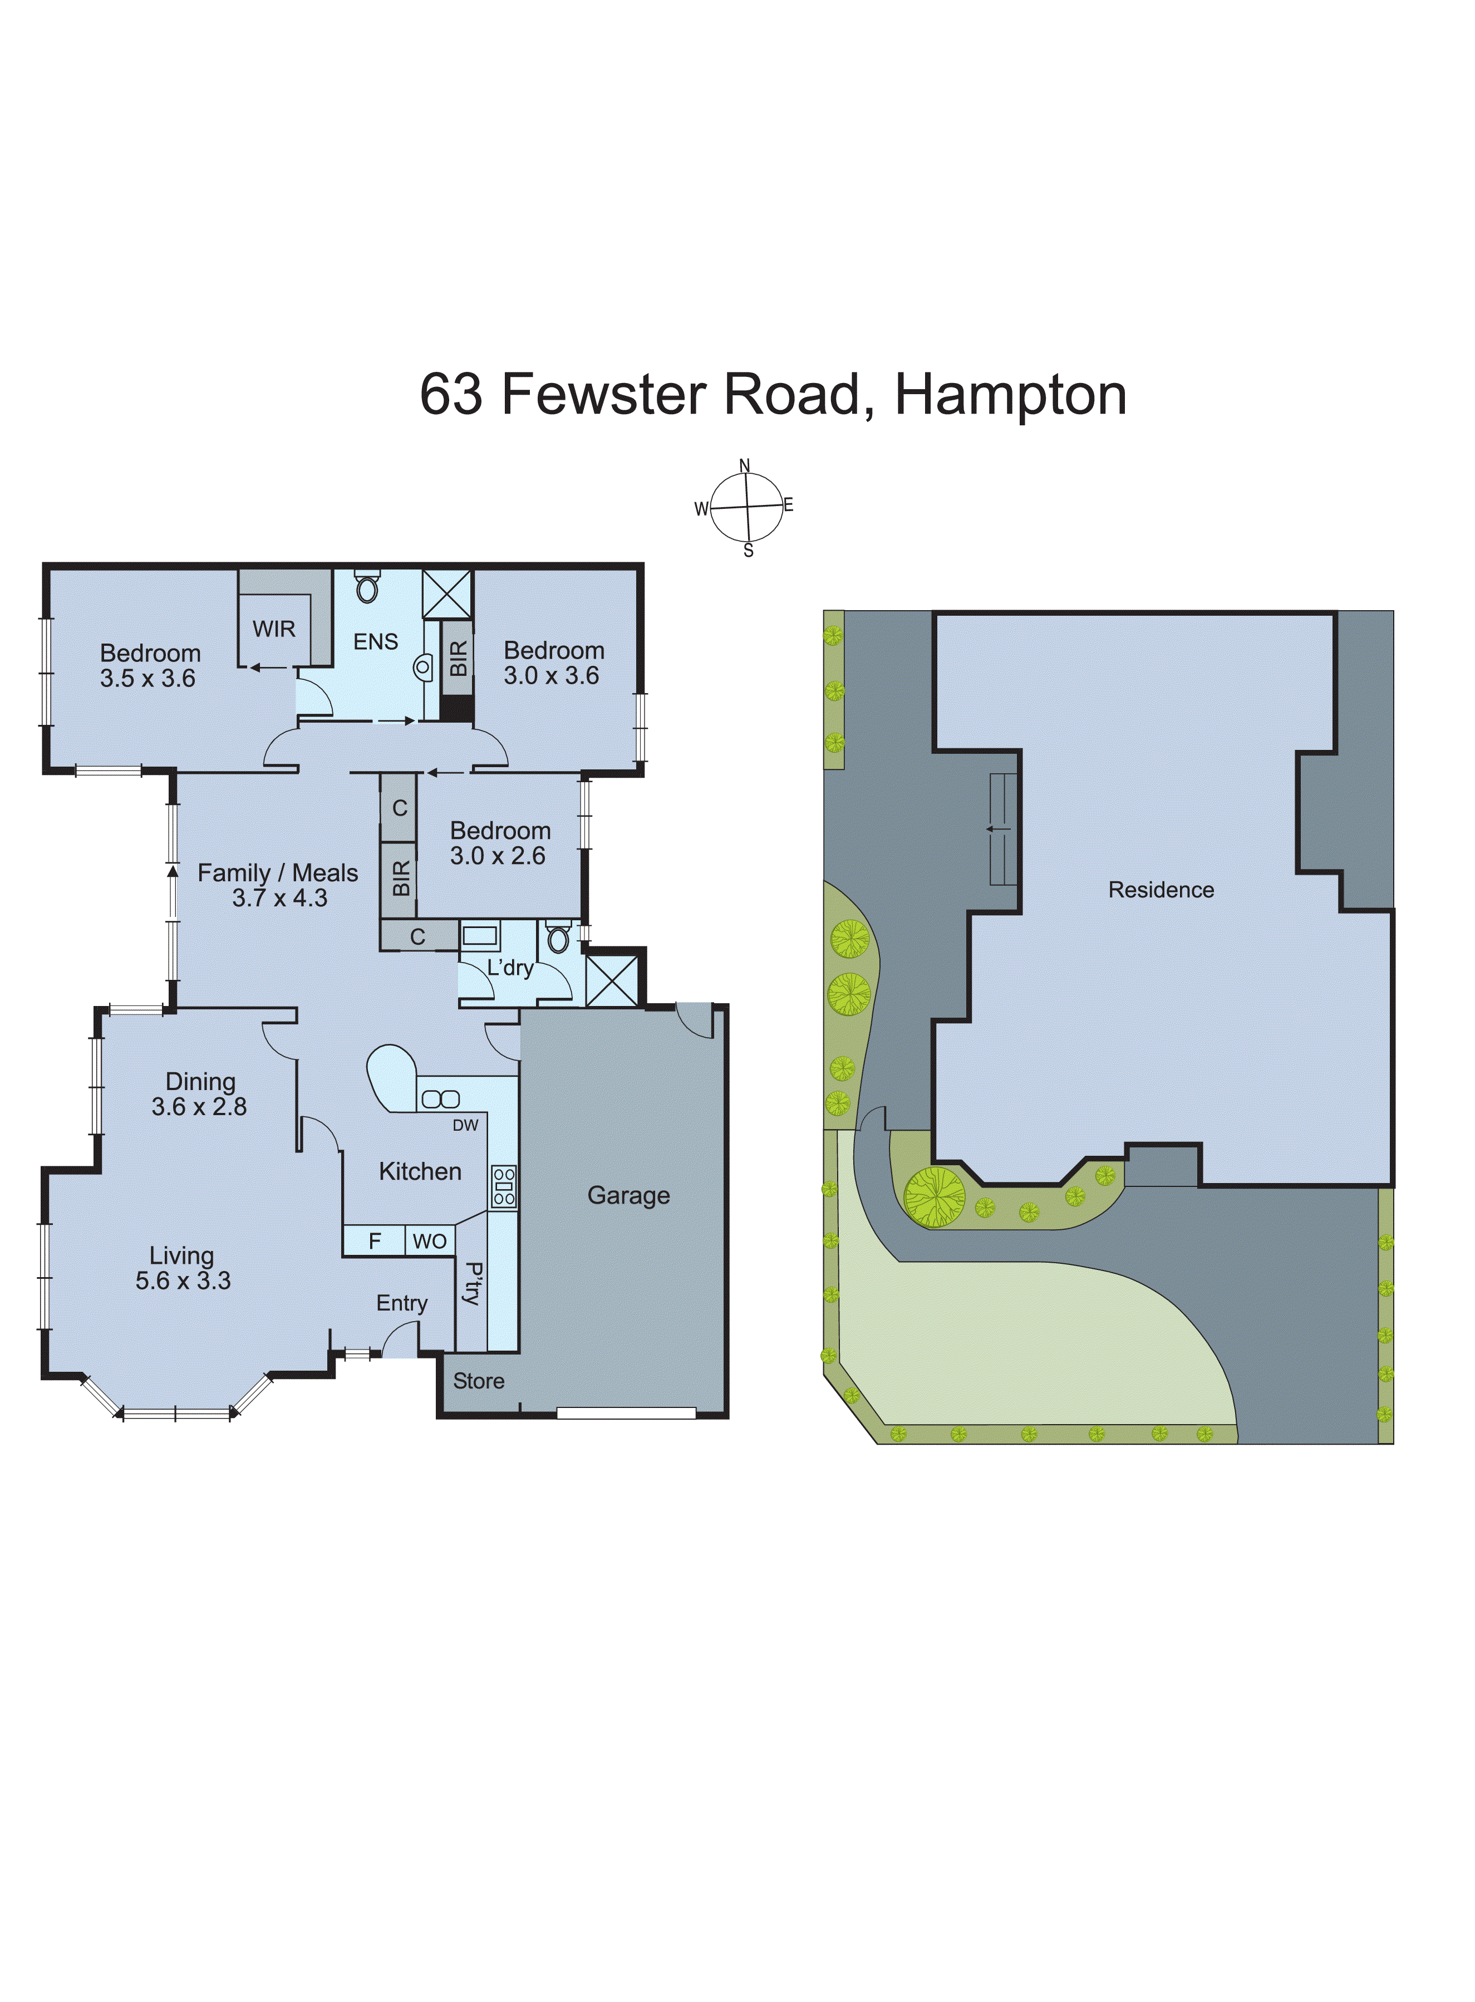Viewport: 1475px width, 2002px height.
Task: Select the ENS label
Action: click(375, 641)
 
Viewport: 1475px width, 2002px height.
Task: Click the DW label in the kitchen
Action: click(465, 1125)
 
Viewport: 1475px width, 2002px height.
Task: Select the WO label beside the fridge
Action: click(430, 1241)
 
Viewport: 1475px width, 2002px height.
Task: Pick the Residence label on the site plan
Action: click(1161, 890)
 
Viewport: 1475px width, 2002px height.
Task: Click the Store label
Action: click(479, 1381)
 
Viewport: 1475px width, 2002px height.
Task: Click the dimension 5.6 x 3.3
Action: click(183, 1280)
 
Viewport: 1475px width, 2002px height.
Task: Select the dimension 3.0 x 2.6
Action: click(497, 856)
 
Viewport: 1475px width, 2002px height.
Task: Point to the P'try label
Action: click(473, 1284)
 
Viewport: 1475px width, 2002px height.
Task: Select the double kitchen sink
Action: click(440, 1099)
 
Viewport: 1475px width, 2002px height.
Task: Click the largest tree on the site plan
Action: click(934, 1196)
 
